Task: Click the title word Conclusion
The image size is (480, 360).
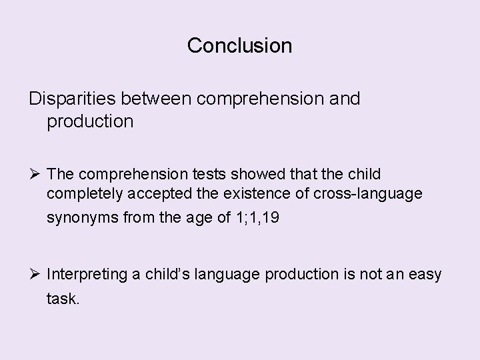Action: [239, 45]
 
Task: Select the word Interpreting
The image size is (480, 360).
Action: [92, 275]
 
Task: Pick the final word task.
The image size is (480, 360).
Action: [63, 299]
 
